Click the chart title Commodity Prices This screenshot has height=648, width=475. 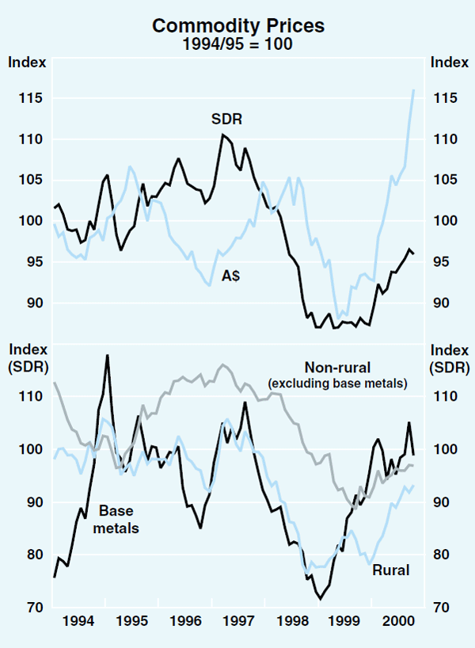237,25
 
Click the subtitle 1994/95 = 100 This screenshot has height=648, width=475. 237,44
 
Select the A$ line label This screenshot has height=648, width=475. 232,276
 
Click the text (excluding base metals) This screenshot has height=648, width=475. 336,383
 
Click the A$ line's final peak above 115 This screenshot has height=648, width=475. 413,90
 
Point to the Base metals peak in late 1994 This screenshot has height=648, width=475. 107,356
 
